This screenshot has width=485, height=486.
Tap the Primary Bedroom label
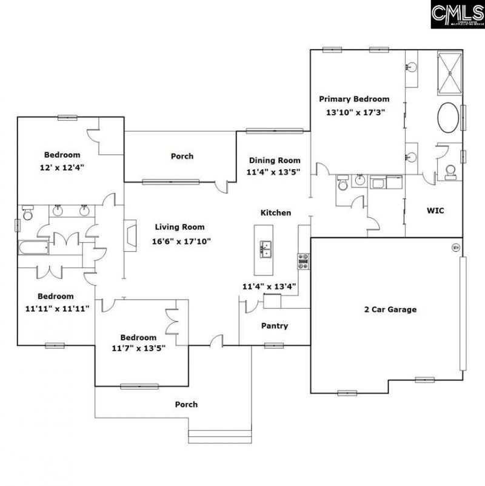(354, 99)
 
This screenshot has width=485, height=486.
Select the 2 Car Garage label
(390, 309)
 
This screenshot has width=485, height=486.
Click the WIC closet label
(435, 211)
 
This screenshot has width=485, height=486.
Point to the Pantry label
(274, 326)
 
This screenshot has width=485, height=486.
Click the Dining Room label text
(275, 160)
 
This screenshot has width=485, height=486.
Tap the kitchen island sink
(266, 248)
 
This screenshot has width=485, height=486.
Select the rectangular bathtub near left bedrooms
(33, 248)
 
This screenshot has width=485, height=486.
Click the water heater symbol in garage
(456, 247)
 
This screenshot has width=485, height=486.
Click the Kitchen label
(276, 213)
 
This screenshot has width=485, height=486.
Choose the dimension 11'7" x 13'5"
(138, 348)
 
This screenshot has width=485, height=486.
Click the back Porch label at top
(182, 156)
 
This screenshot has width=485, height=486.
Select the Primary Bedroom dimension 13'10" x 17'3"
(355, 112)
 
